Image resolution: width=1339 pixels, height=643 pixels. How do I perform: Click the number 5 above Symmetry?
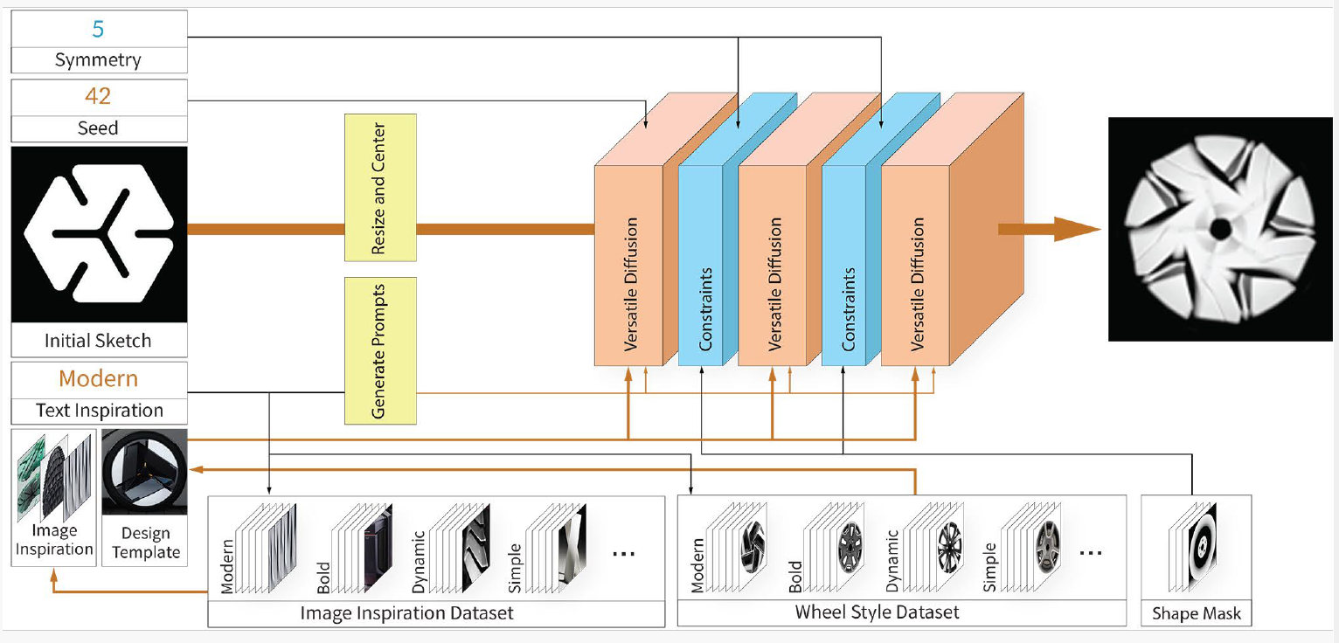[x=98, y=29]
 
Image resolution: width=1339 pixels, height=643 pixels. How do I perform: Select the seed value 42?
[x=98, y=96]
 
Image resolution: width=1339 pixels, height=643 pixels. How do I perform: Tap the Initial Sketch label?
[x=98, y=341]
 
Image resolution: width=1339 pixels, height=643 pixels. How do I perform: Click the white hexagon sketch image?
[x=99, y=234]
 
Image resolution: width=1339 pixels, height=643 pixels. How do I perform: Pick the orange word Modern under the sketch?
[x=98, y=379]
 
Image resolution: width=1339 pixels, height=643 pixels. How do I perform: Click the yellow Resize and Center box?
[x=380, y=187]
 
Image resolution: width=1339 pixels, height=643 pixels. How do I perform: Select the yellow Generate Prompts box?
[x=380, y=350]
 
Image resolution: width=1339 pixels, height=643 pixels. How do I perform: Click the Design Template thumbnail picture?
[x=144, y=472]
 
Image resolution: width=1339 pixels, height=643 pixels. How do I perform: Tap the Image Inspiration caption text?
[x=54, y=540]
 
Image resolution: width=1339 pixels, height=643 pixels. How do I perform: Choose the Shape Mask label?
[x=1195, y=613]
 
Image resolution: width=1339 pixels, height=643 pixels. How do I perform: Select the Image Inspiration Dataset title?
[x=406, y=612]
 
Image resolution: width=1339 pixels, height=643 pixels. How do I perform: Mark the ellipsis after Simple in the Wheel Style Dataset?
[x=1091, y=553]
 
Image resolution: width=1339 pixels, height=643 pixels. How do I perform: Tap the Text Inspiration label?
[x=99, y=411]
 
